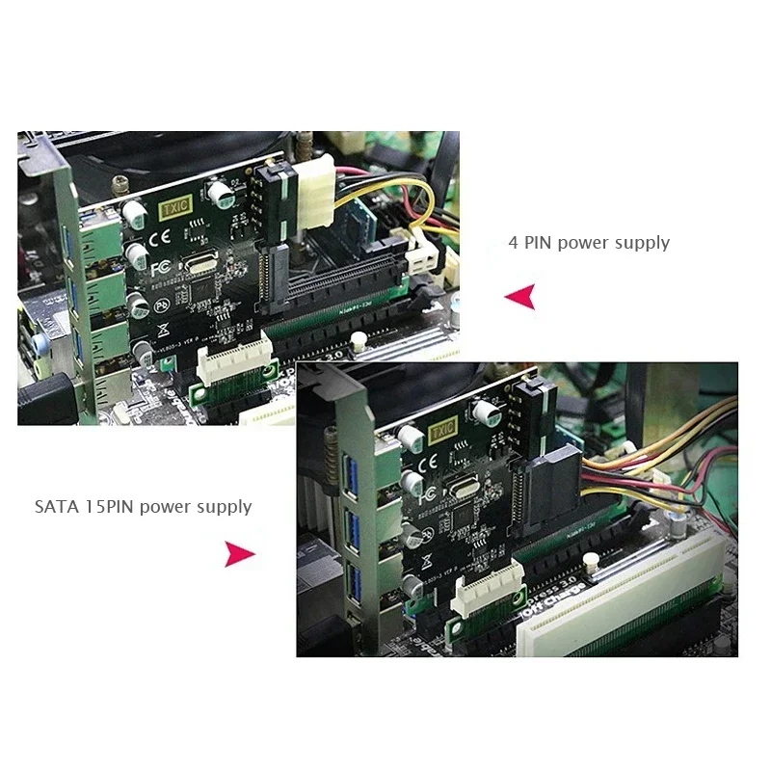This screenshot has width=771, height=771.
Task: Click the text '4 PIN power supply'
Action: [589, 242]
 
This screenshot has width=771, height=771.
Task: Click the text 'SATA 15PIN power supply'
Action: [143, 506]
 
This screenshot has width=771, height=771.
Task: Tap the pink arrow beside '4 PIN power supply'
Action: [520, 297]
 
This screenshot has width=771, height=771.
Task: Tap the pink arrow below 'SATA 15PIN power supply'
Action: [239, 554]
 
